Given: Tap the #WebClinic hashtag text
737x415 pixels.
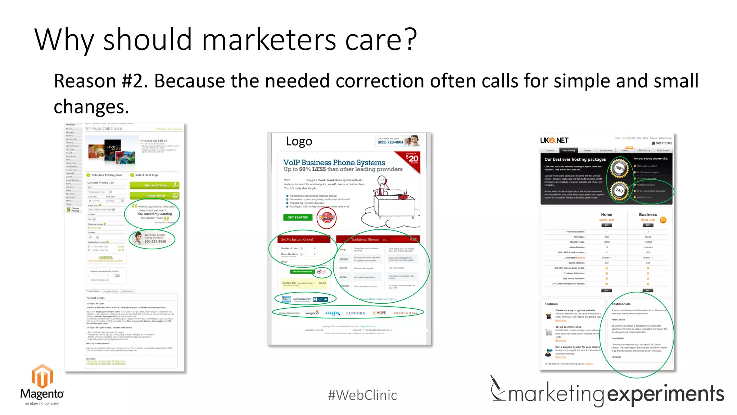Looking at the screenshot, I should [x=362, y=395].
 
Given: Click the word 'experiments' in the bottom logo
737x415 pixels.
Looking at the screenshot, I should [x=665, y=394].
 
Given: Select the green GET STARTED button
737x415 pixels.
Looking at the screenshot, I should [x=298, y=217].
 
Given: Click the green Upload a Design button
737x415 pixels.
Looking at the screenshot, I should [x=154, y=185].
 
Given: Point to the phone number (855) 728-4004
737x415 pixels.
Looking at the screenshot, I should [x=390, y=142].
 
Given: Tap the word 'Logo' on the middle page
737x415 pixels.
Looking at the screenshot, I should [x=299, y=141].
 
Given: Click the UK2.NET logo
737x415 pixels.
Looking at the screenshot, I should [x=554, y=140].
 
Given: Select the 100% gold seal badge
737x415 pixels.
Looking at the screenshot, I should [x=619, y=168].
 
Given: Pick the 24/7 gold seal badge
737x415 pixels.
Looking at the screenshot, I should [x=619, y=191].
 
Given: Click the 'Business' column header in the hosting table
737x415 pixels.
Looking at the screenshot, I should [x=648, y=215].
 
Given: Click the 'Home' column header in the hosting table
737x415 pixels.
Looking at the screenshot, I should [x=606, y=215].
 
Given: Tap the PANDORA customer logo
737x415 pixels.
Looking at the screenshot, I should [x=356, y=313].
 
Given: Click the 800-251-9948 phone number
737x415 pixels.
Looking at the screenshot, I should [x=155, y=242].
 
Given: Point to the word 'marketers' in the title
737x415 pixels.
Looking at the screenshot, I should [x=269, y=40].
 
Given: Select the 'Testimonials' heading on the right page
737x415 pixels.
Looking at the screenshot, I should [x=621, y=304].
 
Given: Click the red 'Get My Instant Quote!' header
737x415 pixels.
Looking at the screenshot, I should [x=297, y=239].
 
